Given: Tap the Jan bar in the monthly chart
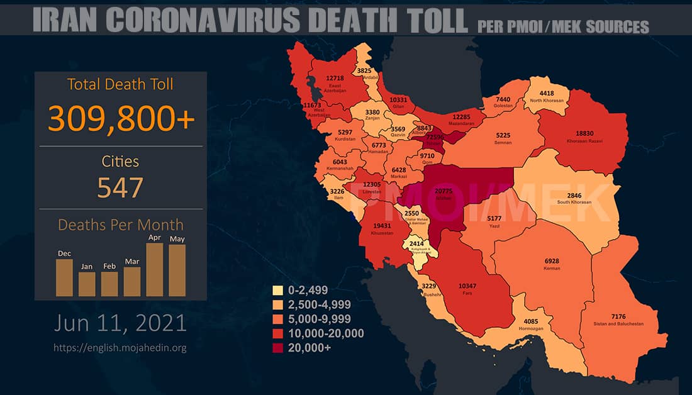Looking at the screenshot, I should pyautogui.click(x=87, y=284).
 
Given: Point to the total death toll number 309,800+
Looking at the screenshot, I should pyautogui.click(x=121, y=118).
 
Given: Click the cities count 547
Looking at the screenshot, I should pyautogui.click(x=121, y=187).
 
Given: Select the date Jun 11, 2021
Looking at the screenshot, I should pyautogui.click(x=120, y=323).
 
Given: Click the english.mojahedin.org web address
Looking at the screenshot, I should pyautogui.click(x=120, y=347).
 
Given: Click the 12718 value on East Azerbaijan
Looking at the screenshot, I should pyautogui.click(x=335, y=79).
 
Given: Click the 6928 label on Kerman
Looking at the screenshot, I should pyautogui.click(x=552, y=262).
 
